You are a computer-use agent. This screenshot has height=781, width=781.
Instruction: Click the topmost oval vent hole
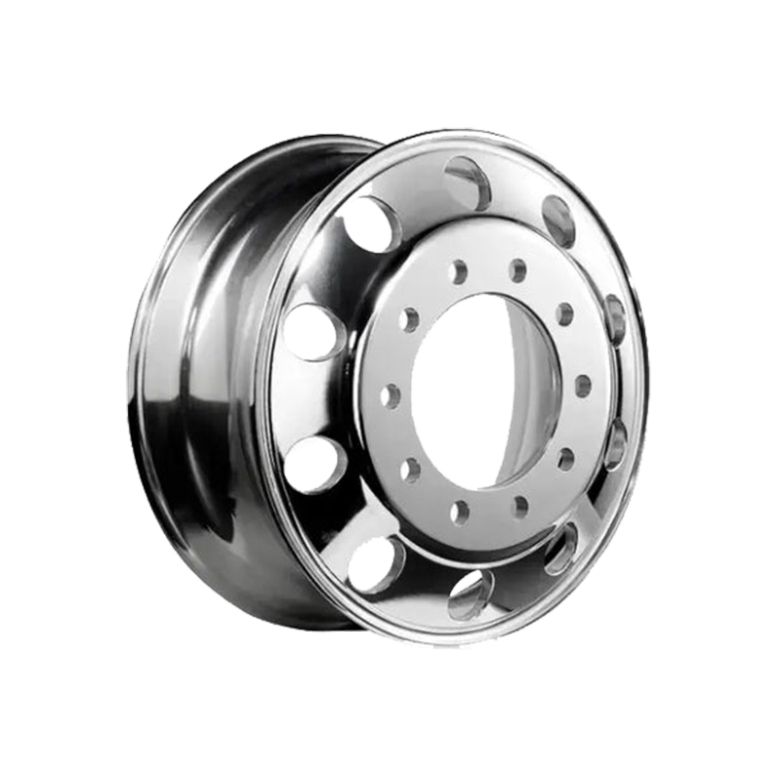click(467, 183)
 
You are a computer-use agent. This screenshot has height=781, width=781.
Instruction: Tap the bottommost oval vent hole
click(470, 593)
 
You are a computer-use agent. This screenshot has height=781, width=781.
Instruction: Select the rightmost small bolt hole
click(583, 386)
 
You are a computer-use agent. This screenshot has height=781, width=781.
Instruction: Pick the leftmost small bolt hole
click(390, 395)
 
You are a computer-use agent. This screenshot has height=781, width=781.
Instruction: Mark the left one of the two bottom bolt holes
click(459, 511)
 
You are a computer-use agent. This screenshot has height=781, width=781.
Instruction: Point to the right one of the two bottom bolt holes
click(519, 506)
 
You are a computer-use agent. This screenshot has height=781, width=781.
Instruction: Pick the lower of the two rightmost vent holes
click(616, 444)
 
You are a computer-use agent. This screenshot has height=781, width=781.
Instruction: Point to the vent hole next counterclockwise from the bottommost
click(561, 549)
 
